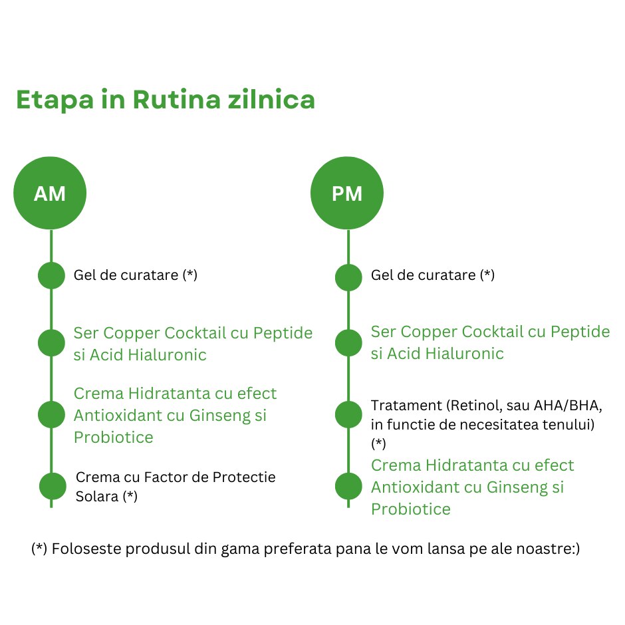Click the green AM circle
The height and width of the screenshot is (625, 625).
[x=50, y=193]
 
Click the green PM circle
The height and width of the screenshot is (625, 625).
[x=347, y=193]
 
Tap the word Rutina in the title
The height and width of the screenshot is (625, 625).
[x=176, y=99]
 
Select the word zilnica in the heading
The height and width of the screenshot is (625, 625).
[x=271, y=99]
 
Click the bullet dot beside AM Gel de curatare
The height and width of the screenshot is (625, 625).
[x=51, y=275]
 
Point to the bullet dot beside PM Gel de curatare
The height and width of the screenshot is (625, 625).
[x=348, y=277]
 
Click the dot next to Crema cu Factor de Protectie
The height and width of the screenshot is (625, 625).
[x=53, y=486]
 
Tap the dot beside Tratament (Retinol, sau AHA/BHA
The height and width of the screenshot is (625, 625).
[x=348, y=414]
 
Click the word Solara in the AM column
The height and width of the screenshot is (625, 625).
[x=97, y=496]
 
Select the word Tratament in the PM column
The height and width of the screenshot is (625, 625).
[x=406, y=406]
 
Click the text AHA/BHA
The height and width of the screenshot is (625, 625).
[x=568, y=406]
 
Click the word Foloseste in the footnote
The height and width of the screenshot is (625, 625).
[x=87, y=549]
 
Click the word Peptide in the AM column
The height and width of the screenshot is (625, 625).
[x=283, y=333]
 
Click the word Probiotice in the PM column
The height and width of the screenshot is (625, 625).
[x=411, y=509]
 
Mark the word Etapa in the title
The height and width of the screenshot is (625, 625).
[x=55, y=100]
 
